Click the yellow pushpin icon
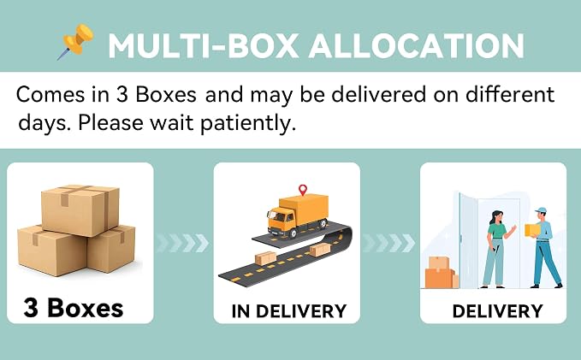pos(77,41)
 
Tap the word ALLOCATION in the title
pos(416,46)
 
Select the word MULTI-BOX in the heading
pos(204,46)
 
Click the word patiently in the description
pos(248,123)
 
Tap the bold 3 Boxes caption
pos(74,308)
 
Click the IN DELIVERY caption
pos(289,311)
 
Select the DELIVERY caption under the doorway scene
pos(498,311)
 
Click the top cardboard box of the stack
pos(80,210)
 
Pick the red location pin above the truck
pos(303,190)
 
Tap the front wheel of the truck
pos(293,233)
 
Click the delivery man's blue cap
pos(541,210)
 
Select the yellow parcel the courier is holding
pos(532,230)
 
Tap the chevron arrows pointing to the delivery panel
pos(389,243)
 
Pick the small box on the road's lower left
pos(265,258)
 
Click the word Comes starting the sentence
pos(50,94)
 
